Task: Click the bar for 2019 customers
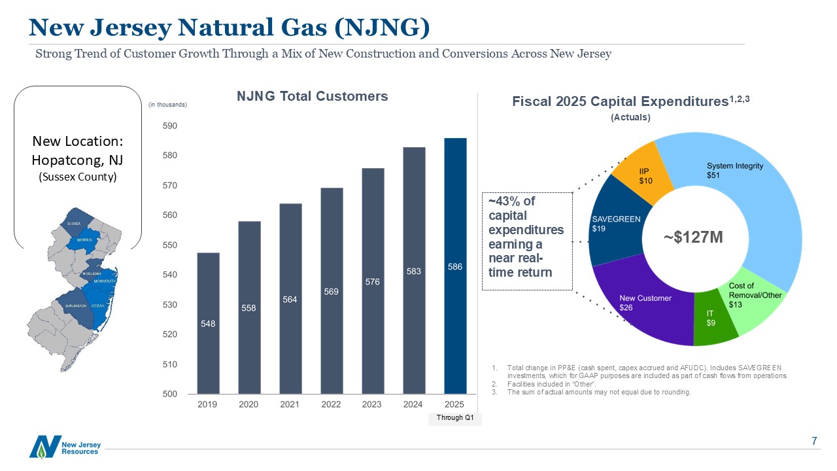click(208, 323)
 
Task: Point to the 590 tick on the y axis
click(169, 126)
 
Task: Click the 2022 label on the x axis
click(331, 404)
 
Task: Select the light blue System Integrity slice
click(745, 196)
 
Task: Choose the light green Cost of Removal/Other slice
click(759, 301)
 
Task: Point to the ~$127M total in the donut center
click(694, 237)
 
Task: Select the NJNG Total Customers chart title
click(312, 96)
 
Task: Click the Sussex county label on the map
click(74, 224)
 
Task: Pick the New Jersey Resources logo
click(65, 447)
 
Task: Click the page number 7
click(814, 442)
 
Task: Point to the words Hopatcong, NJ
click(77, 160)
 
